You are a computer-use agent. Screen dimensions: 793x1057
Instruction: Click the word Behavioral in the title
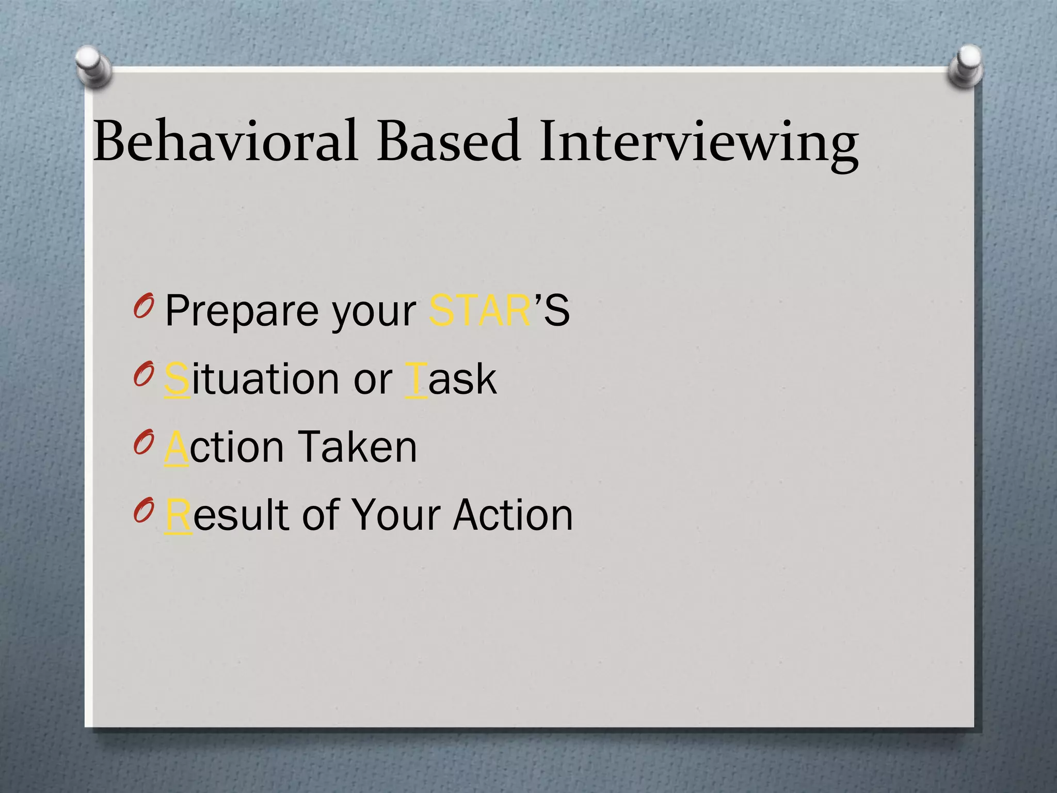point(226,140)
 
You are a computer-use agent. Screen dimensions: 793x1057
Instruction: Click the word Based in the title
point(448,140)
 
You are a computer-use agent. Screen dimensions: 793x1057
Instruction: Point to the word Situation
point(253,379)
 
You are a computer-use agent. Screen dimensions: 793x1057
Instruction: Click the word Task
point(451,379)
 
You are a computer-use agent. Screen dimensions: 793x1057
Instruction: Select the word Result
point(227,515)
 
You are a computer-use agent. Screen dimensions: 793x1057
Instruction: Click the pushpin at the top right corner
point(966,65)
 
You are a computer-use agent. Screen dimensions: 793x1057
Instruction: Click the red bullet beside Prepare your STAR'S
point(143,306)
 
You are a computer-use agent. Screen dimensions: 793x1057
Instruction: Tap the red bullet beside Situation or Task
point(143,373)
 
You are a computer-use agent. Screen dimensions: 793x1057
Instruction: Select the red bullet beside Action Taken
point(143,441)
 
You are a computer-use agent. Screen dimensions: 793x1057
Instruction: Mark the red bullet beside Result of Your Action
point(143,510)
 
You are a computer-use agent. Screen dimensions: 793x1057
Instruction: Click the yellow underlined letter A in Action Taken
point(176,447)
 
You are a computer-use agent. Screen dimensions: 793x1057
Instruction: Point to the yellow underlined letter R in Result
point(178,515)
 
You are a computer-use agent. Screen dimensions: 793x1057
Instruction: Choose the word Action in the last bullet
point(513,515)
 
